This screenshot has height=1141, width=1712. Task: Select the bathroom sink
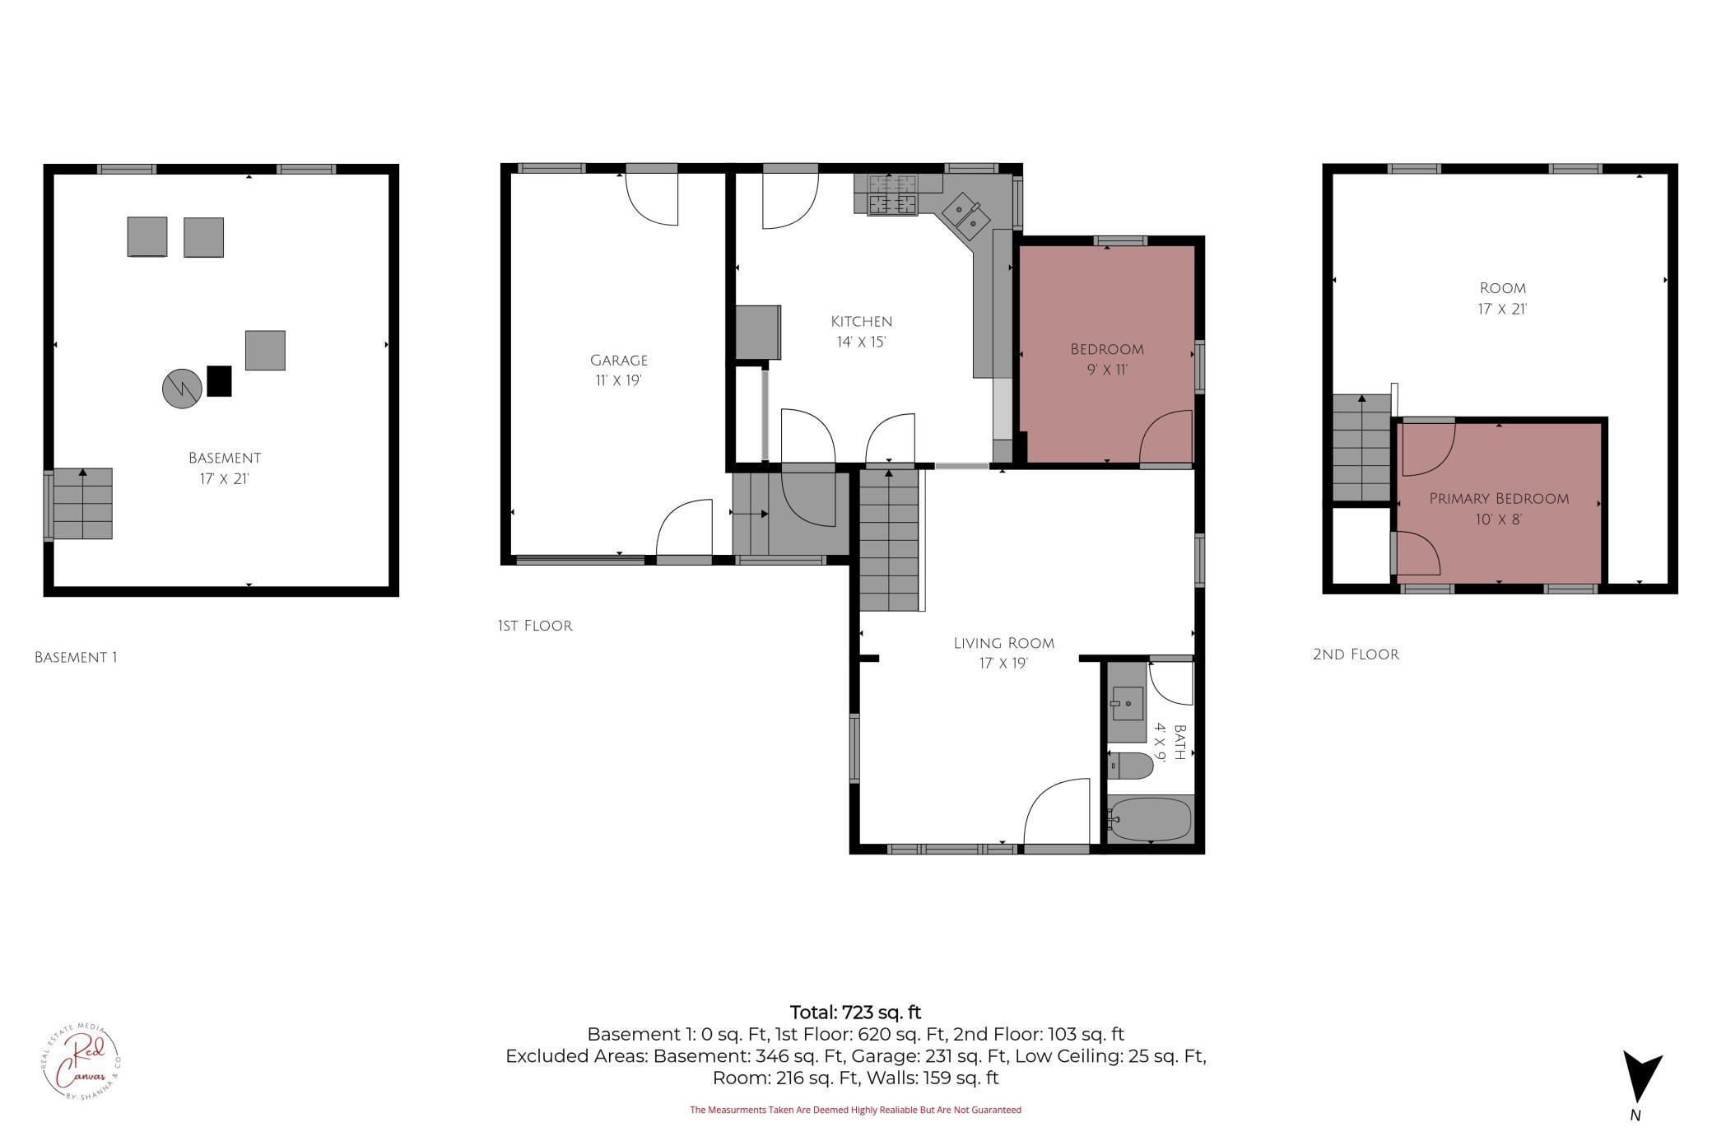coord(1127,703)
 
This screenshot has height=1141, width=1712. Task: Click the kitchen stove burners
coord(892,195)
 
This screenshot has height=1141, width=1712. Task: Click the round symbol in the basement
coord(182,388)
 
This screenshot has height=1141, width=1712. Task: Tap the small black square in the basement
coord(219,381)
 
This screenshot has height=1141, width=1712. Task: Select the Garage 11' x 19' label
coord(619,370)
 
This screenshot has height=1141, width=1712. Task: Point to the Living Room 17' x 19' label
coord(1003,653)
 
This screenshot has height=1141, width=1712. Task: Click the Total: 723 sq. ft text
coord(855,1013)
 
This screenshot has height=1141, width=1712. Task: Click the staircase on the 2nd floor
coord(1362,448)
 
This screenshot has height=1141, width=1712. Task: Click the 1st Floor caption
coord(534,626)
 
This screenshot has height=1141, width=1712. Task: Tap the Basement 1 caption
coord(76,657)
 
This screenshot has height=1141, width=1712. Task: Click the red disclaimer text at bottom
coord(855,1110)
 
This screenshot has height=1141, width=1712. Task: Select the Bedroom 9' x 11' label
coord(1107,360)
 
